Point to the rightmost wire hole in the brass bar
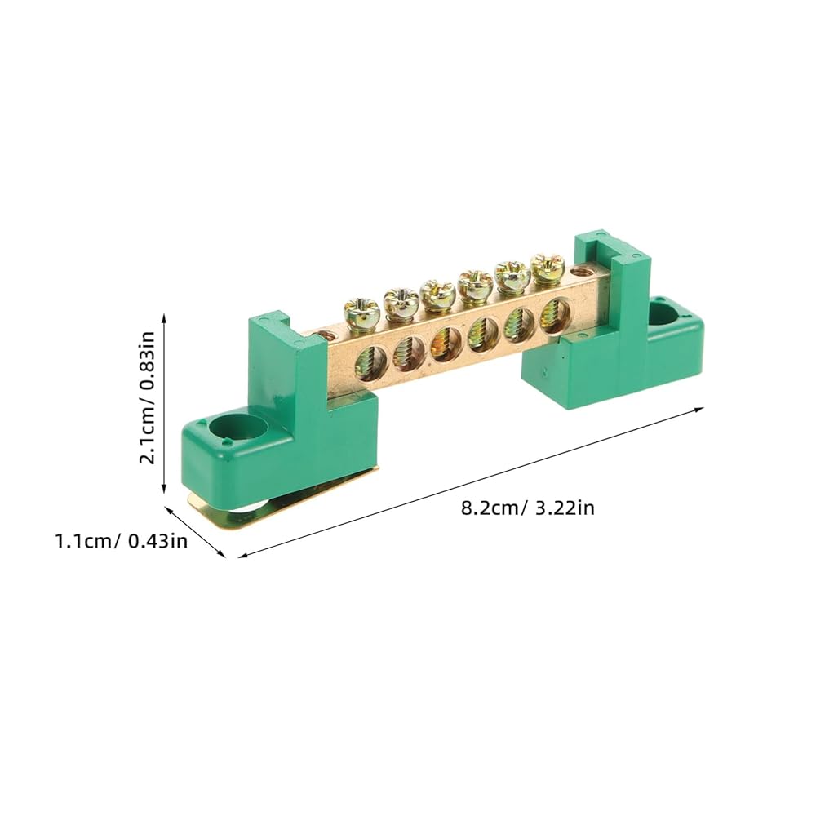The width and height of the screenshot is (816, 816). point(556,315)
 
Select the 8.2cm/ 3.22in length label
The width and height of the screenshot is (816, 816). point(528,507)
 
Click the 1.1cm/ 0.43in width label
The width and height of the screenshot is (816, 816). point(122,541)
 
